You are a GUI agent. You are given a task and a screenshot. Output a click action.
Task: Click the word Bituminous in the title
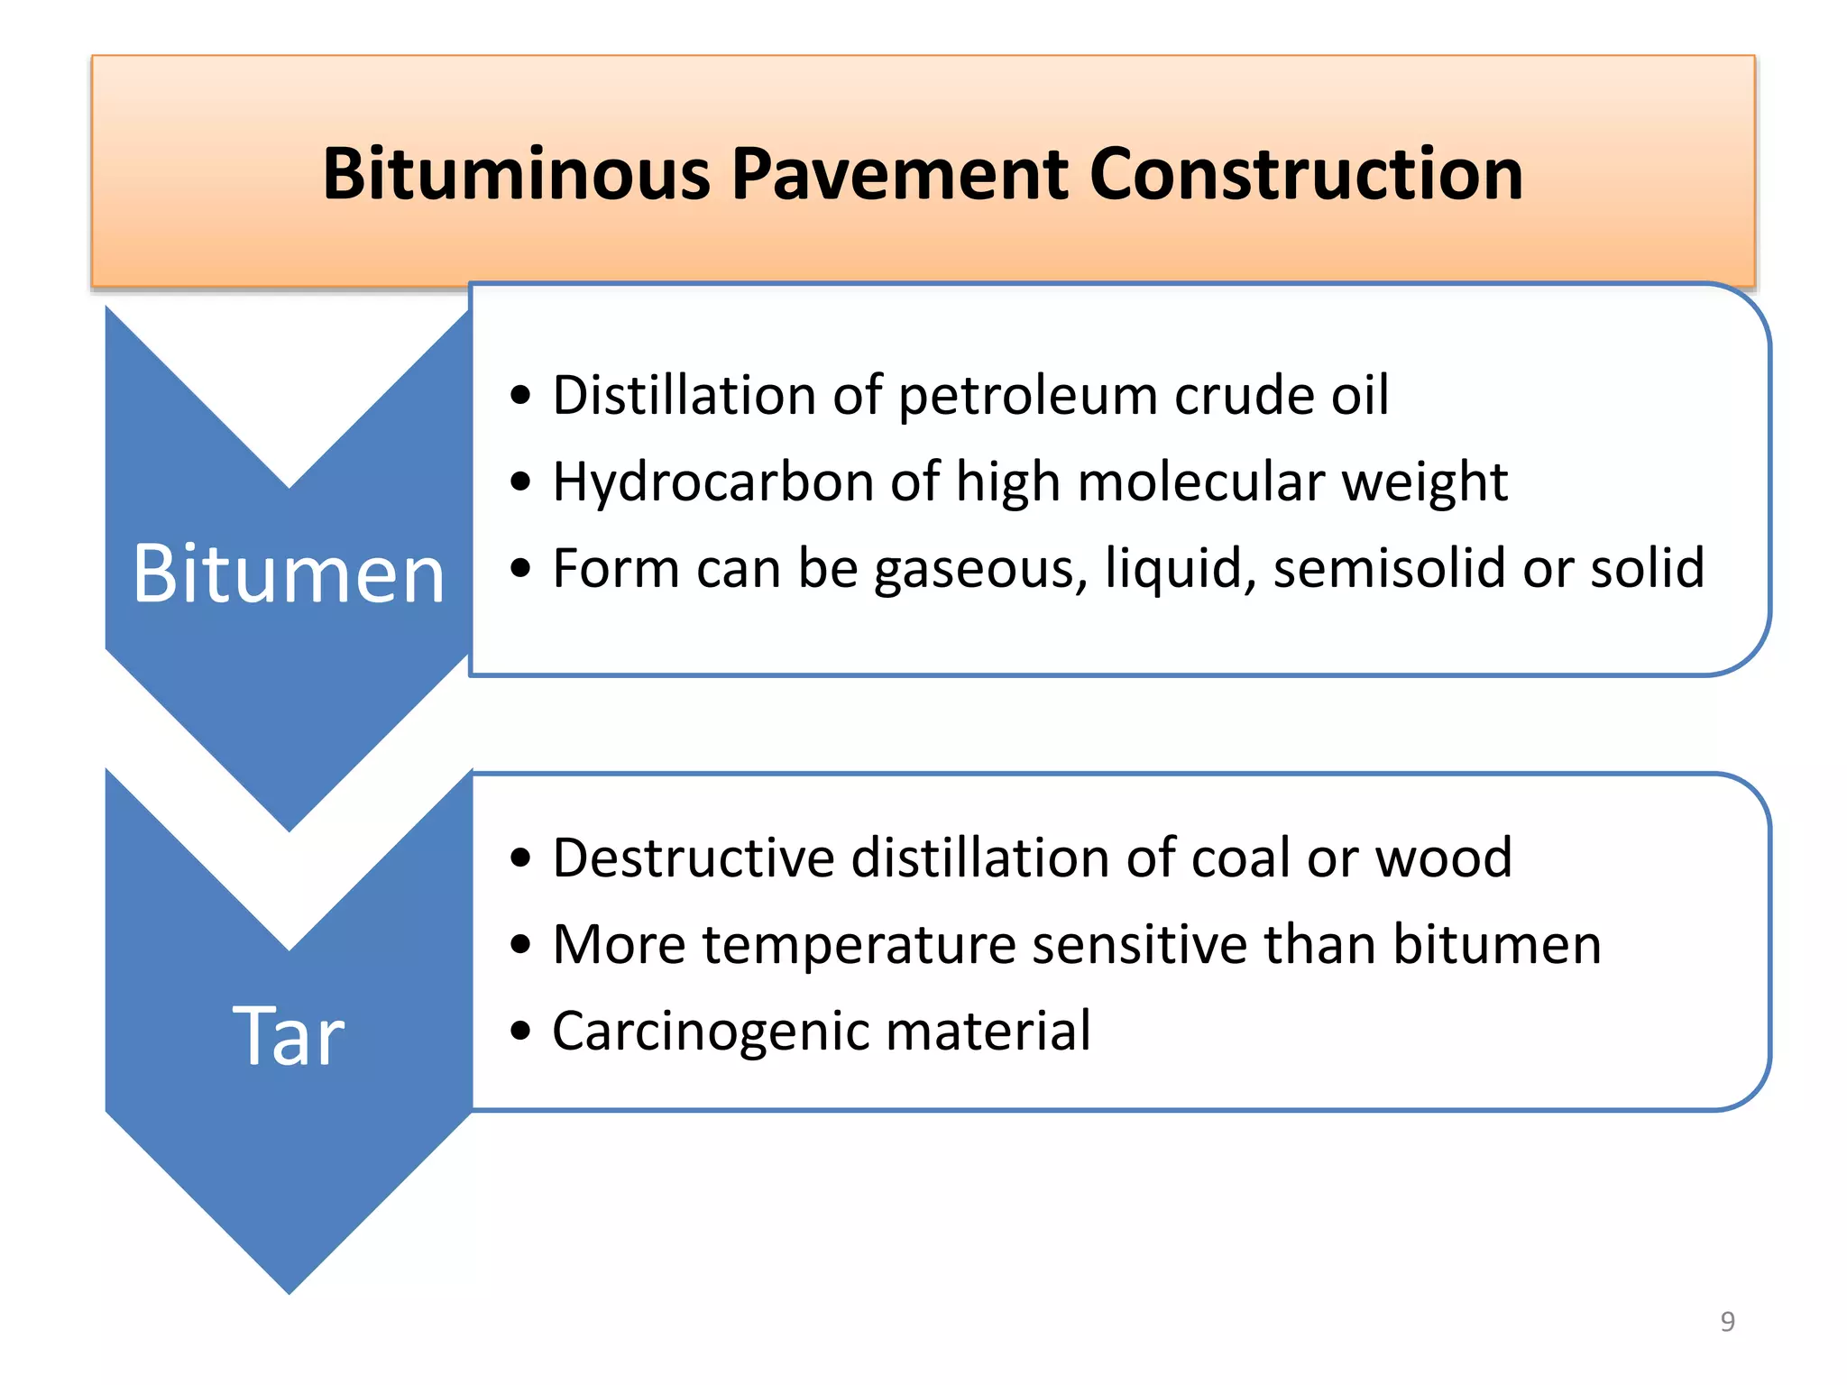tap(517, 173)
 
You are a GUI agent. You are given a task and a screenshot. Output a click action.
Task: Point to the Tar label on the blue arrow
tap(289, 1037)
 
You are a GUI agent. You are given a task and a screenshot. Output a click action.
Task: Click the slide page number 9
tap(1727, 1321)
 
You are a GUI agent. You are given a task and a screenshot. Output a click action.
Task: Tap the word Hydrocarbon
tap(712, 482)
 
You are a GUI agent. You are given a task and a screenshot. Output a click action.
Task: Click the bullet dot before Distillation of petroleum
tap(520, 395)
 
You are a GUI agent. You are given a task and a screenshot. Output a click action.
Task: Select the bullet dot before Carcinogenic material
tap(520, 1030)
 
